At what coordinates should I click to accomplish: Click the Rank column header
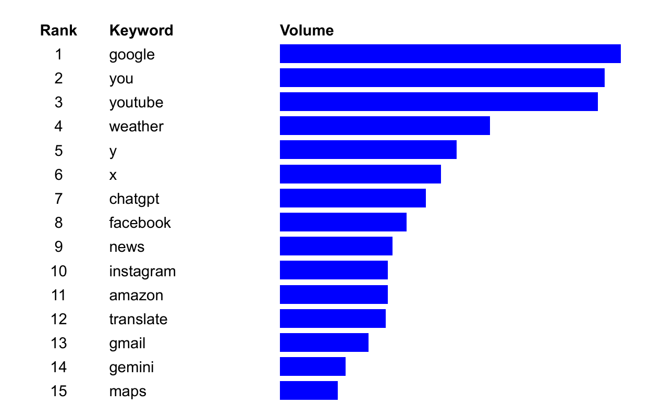point(58,30)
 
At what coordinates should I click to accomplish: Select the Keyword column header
point(141,30)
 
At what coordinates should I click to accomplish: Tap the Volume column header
point(307,30)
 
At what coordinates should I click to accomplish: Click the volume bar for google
point(450,54)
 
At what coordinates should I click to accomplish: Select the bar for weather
point(385,126)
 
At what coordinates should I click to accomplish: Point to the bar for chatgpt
point(352,198)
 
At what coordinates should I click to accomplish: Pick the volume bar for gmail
point(324,342)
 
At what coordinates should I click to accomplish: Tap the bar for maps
point(309,390)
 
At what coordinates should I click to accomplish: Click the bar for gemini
point(312,366)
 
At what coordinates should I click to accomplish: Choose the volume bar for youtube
point(438,102)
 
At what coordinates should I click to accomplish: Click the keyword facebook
point(140,223)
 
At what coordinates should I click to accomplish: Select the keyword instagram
point(142,271)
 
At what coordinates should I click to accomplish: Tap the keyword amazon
point(136,295)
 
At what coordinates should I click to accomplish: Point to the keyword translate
point(138,319)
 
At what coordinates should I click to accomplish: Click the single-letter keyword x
point(113,175)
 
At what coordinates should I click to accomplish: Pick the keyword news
point(127,247)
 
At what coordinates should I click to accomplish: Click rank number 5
point(58,151)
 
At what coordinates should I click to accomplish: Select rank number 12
point(58,319)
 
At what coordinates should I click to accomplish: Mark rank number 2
point(58,78)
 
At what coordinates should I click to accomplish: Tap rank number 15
point(58,391)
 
